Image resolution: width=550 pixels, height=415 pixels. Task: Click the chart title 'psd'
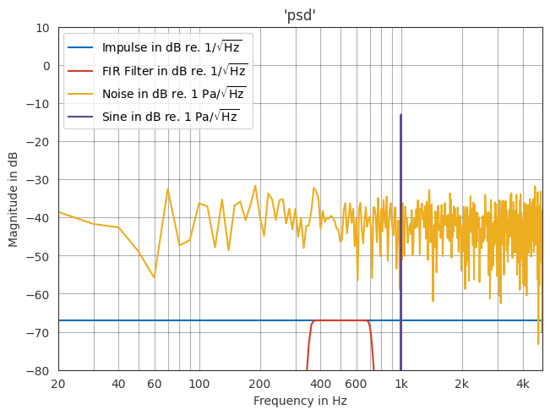[300, 15]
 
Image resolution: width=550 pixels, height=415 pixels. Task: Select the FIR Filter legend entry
[174, 71]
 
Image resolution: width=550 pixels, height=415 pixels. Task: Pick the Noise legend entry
[173, 94]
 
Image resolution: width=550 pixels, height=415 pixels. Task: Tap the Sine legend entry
[170, 117]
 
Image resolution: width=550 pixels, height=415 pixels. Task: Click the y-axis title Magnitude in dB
[14, 199]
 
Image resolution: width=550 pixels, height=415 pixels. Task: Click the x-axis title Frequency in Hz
[300, 401]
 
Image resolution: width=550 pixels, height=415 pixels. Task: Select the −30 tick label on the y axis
[38, 180]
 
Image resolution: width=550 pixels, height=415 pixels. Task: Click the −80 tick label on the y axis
[38, 371]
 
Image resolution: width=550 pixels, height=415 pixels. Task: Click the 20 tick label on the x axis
[58, 384]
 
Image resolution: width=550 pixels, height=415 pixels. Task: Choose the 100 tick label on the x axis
[199, 384]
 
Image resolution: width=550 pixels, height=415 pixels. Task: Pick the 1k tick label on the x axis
[401, 384]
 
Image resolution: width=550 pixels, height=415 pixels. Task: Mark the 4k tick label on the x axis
[523, 384]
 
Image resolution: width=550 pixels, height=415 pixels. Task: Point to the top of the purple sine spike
[400, 115]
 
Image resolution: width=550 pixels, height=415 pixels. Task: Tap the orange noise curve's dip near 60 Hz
[154, 277]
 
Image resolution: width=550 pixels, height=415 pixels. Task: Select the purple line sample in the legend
[81, 117]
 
